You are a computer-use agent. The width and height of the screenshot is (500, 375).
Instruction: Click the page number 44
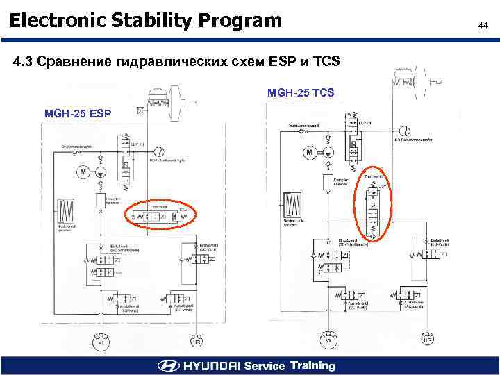click(x=483, y=25)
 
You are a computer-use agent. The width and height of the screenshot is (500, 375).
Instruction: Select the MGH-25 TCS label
click(x=301, y=92)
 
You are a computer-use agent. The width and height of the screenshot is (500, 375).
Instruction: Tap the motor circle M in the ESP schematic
click(x=83, y=172)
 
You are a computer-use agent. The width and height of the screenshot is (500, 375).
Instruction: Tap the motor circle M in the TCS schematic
click(x=310, y=152)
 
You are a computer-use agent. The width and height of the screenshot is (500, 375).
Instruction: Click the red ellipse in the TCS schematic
click(x=373, y=201)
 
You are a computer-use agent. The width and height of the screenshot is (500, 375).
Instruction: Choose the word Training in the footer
click(x=312, y=365)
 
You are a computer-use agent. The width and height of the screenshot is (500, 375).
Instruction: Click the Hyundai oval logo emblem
click(x=168, y=366)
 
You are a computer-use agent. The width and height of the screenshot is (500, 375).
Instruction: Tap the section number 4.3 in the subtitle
click(x=23, y=62)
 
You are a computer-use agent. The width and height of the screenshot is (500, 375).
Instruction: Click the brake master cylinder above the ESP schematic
click(x=167, y=99)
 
